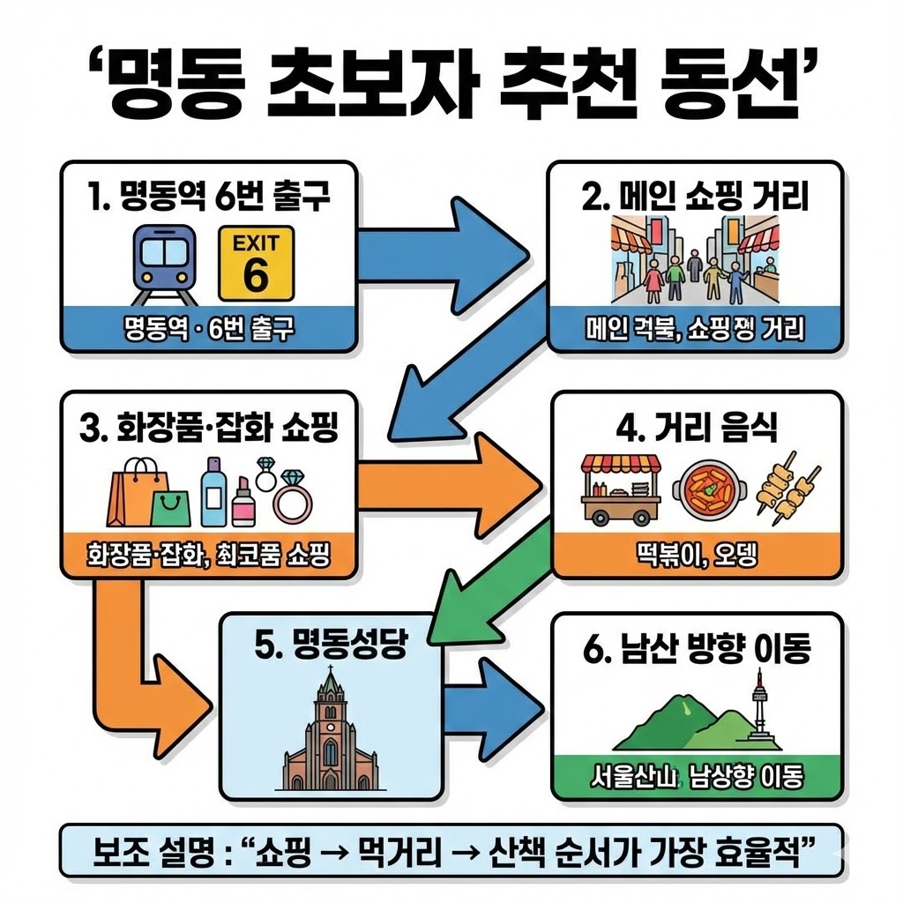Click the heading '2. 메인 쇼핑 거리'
click(x=695, y=197)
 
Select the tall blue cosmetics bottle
click(x=214, y=490)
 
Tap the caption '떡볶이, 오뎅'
click(x=696, y=555)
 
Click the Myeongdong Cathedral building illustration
click(x=330, y=732)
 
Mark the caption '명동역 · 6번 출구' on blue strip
click(x=210, y=330)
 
